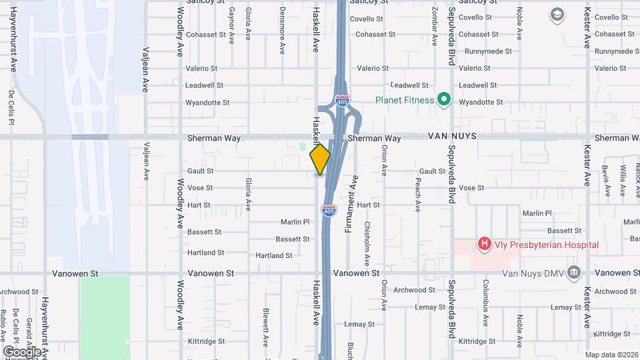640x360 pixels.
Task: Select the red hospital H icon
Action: (485, 245)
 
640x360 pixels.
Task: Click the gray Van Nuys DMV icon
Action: (573, 273)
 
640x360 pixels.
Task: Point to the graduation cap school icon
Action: (556, 14)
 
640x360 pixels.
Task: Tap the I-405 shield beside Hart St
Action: (329, 210)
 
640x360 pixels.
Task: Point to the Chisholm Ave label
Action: (367, 239)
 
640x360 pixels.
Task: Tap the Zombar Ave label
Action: (434, 27)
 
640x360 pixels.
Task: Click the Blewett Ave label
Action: (265, 325)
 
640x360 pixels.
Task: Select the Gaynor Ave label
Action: (231, 27)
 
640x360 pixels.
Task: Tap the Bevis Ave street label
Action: (607, 180)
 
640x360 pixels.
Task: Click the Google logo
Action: (22, 351)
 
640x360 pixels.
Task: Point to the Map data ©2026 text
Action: (611, 355)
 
